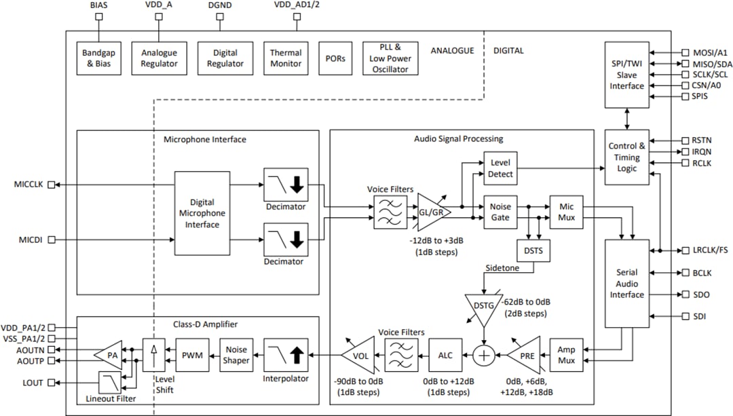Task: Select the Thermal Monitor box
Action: (286, 58)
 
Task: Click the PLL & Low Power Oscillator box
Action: (390, 58)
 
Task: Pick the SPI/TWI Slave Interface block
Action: (627, 75)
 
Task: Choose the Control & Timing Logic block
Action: (627, 157)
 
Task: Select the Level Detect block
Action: (500, 168)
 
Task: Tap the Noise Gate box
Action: (500, 211)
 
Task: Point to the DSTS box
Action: (533, 250)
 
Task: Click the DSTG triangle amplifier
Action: (483, 306)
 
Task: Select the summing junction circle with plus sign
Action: (483, 355)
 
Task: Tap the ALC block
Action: (445, 355)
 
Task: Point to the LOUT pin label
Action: (32, 383)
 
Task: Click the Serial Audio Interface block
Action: (627, 284)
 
